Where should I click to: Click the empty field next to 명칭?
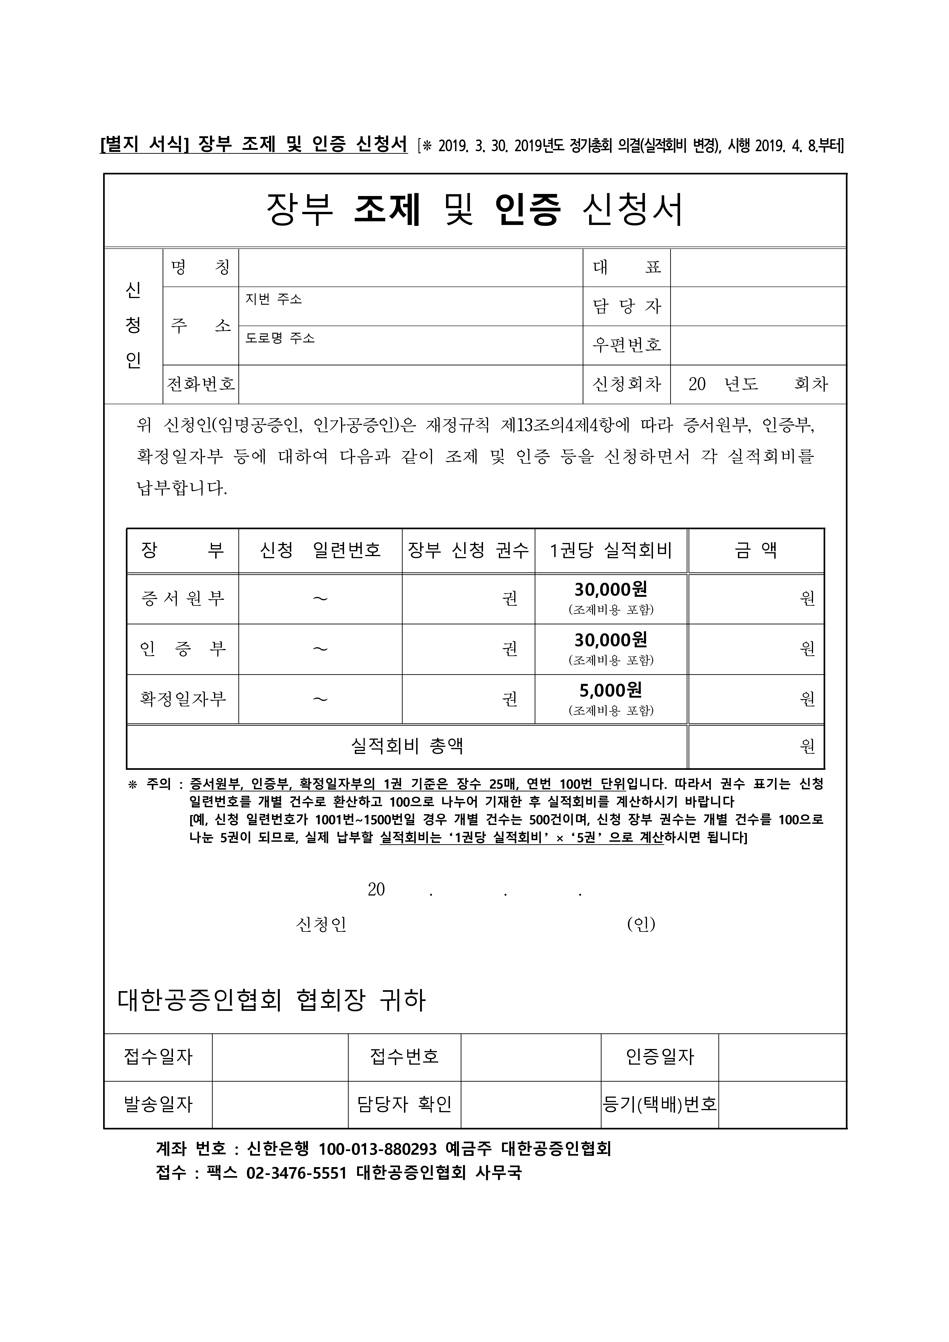(411, 268)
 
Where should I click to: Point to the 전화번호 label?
(201, 384)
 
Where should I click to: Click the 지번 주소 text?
(274, 299)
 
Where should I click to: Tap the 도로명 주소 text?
(280, 338)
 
